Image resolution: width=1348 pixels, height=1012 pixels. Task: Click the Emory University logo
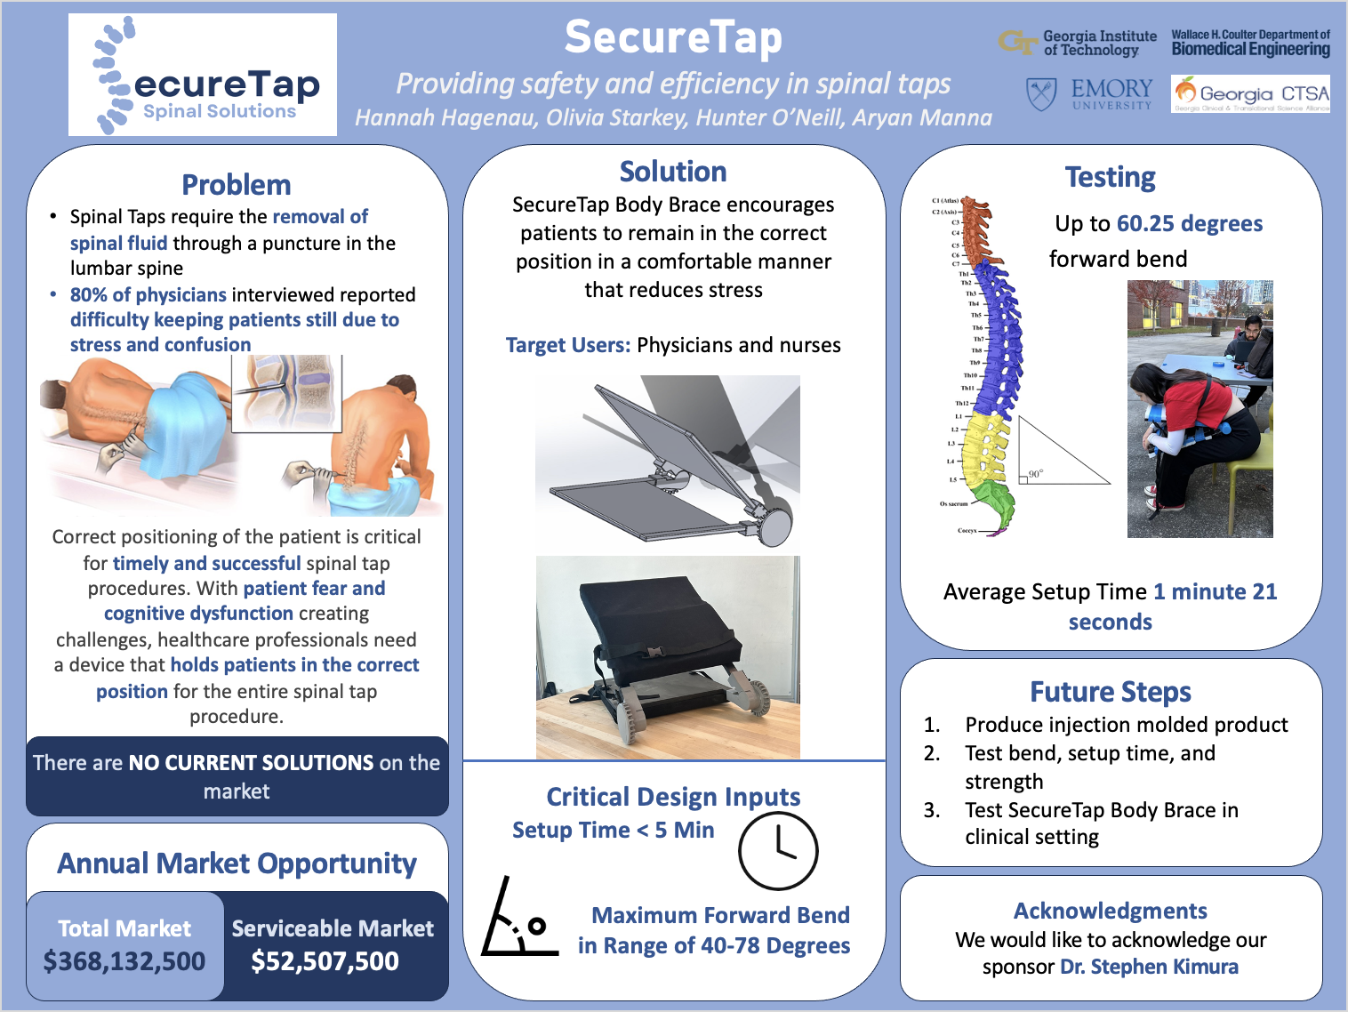coord(1090,93)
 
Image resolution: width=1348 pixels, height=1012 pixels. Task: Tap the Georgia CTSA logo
coord(1251,93)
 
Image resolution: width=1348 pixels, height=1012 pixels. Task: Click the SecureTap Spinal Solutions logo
coord(203,75)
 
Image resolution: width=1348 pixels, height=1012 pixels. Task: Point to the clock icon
coord(778,851)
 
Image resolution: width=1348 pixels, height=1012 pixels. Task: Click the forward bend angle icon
coord(518,919)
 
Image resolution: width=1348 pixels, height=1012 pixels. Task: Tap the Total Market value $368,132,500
coord(124,961)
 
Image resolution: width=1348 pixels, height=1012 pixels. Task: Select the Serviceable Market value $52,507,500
coord(325,961)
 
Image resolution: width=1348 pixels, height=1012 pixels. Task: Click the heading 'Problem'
coord(237,185)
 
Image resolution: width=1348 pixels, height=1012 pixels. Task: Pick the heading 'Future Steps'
coord(1111,692)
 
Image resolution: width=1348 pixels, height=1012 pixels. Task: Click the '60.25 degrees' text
coord(1189,223)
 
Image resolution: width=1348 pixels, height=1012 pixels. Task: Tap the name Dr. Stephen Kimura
coord(1149,967)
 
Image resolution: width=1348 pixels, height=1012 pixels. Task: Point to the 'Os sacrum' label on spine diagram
coord(953,504)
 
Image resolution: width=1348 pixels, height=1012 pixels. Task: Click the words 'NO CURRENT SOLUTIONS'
coord(252,763)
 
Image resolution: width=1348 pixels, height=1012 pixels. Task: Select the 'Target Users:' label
coord(568,345)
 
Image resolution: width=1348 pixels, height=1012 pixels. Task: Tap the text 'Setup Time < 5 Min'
coord(613,831)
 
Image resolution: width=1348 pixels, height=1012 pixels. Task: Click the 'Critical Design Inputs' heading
coord(673,797)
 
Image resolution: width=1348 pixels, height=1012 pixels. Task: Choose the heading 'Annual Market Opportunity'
coord(237,863)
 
